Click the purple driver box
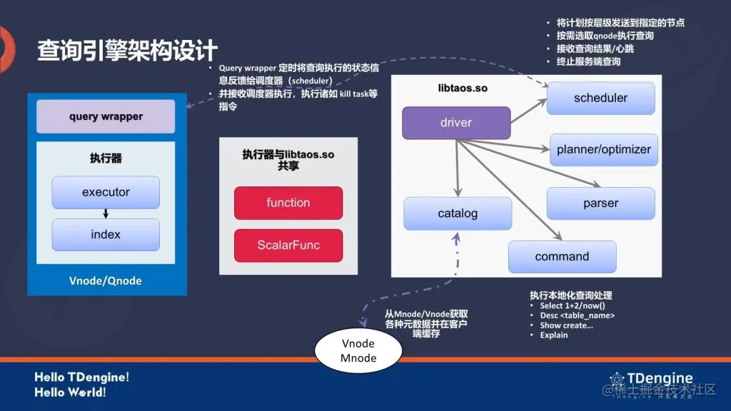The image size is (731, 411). pyautogui.click(x=456, y=123)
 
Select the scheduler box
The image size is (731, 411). pyautogui.click(x=600, y=98)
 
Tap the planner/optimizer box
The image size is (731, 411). pyautogui.click(x=603, y=150)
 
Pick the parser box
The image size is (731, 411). pyautogui.click(x=600, y=203)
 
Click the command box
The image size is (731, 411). pyautogui.click(x=562, y=257)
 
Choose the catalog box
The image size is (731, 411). pyautogui.click(x=458, y=213)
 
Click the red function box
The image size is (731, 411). pyautogui.click(x=288, y=203)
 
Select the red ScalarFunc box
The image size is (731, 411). pyautogui.click(x=288, y=245)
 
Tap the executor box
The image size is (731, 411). pyautogui.click(x=106, y=193)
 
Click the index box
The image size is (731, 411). pyautogui.click(x=106, y=235)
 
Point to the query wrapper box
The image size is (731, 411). pyautogui.click(x=106, y=116)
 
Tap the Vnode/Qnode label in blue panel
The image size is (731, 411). pyautogui.click(x=106, y=280)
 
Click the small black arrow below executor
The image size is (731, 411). pyautogui.click(x=106, y=213)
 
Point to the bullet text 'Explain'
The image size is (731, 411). pyautogui.click(x=554, y=335)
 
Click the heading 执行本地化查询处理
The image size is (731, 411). pyautogui.click(x=570, y=295)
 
